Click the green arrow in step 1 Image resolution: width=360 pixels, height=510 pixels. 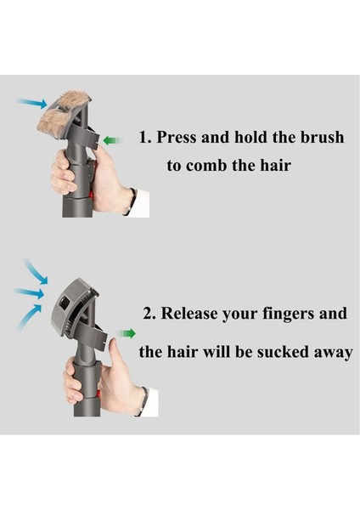pos(112,140)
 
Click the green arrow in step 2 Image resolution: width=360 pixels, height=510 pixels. pos(127,333)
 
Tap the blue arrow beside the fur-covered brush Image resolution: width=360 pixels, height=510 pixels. pos(32,103)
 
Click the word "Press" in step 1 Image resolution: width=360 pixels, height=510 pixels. pos(177,137)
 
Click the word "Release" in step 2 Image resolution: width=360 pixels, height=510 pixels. pos(189,313)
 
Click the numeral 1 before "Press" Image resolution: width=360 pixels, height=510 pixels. pos(143,137)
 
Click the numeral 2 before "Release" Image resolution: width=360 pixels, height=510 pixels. pos(148,314)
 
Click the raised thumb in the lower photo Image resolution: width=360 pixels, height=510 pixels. pos(113,350)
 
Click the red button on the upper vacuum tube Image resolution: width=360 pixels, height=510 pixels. pos(91,195)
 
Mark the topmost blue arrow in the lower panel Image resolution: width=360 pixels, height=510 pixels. pos(36,270)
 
